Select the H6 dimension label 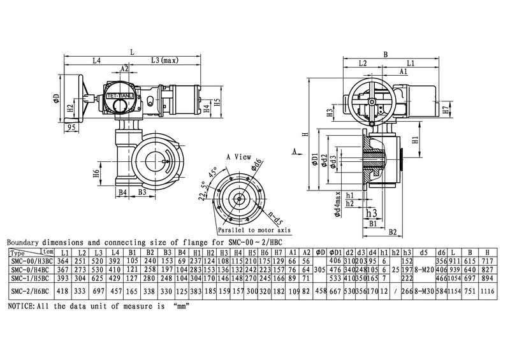pyautogui.click(x=95, y=173)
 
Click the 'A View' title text pyautogui.click(x=237, y=155)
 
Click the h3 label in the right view pyautogui.click(x=372, y=214)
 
